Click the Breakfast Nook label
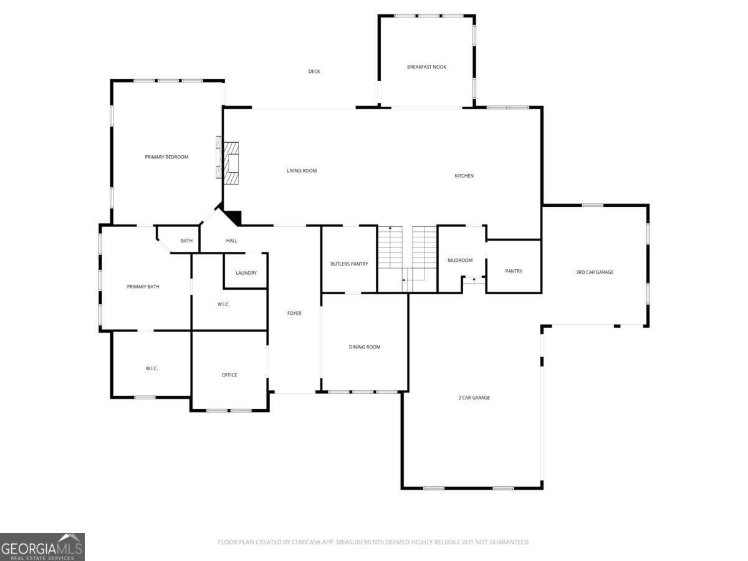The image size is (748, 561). click(x=426, y=67)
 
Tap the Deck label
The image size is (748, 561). click(x=314, y=71)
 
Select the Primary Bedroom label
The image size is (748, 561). click(x=166, y=157)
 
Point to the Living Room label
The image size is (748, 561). click(x=302, y=171)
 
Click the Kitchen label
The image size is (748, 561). click(x=464, y=176)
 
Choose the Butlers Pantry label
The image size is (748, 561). click(x=349, y=264)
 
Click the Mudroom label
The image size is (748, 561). click(x=460, y=260)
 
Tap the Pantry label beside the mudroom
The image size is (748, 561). click(x=514, y=271)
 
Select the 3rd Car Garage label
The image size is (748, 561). click(x=594, y=272)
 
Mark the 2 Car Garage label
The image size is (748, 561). click(x=474, y=397)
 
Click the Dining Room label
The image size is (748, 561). click(x=365, y=347)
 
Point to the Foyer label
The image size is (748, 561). click(x=294, y=313)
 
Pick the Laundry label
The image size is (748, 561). click(x=246, y=273)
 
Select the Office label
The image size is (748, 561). click(x=229, y=375)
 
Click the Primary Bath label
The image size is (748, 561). click(x=143, y=287)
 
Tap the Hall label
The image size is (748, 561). click(x=232, y=241)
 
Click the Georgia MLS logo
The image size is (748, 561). click(x=42, y=547)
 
